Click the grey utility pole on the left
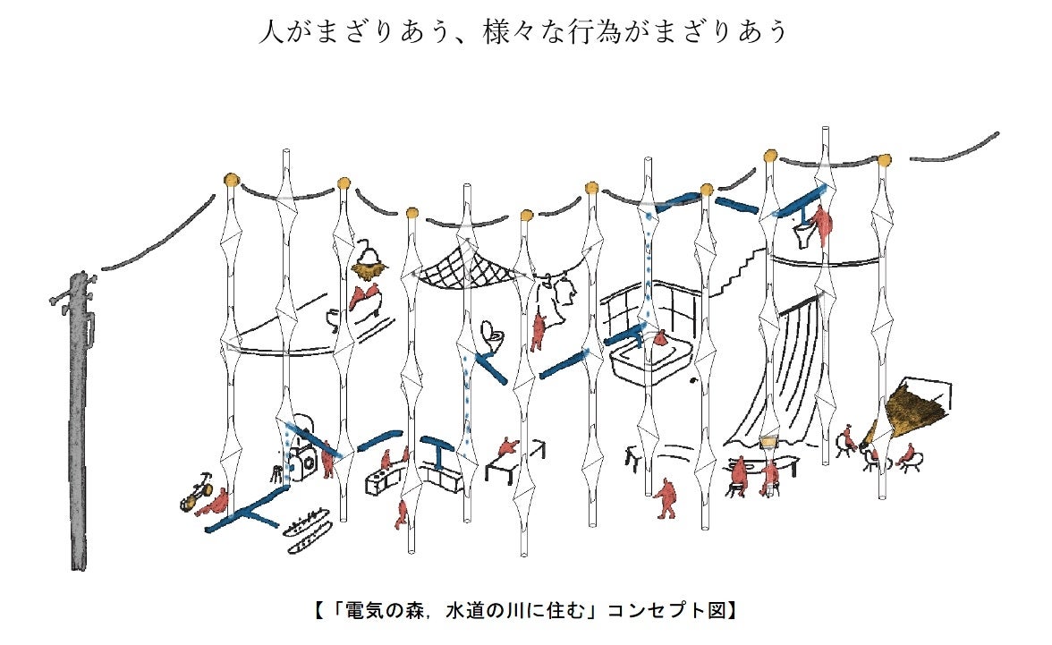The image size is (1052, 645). click(79, 423)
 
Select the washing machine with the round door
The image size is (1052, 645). click(302, 456)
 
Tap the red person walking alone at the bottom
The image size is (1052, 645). click(666, 498)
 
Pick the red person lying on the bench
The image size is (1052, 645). click(508, 447)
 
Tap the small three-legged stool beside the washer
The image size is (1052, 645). click(276, 472)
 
